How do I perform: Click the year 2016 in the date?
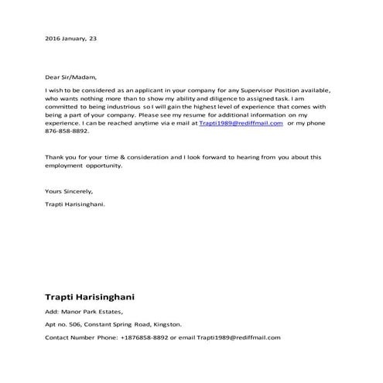pos(53,38)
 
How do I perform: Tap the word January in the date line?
pos(77,38)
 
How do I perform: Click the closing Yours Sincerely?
pos(69,190)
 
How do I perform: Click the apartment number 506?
pos(77,325)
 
